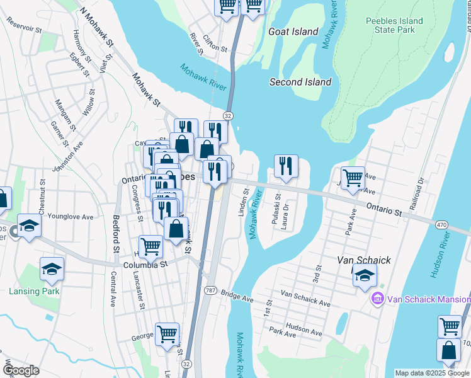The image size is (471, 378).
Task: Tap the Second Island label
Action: click(300, 82)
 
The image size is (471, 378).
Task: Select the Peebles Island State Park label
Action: click(394, 26)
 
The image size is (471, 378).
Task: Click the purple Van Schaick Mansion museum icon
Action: click(378, 299)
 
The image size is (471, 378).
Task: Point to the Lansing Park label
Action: click(34, 291)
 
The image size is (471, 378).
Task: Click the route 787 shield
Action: click(210, 290)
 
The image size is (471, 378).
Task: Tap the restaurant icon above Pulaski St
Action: click(286, 166)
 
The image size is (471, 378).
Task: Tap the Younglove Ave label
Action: click(74, 217)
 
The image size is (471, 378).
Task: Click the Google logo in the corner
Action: click(21, 370)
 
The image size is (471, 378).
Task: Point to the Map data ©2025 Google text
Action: click(431, 373)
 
